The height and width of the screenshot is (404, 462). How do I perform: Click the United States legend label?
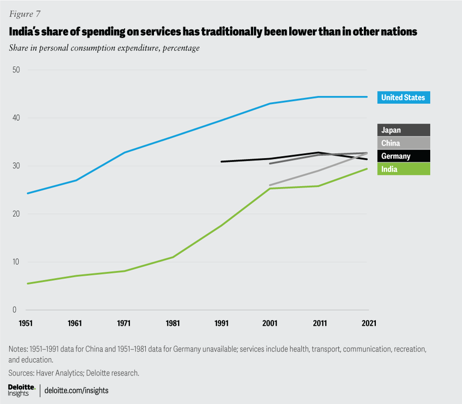pyautogui.click(x=403, y=97)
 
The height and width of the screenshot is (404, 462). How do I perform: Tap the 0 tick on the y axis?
pyautogui.click(x=15, y=310)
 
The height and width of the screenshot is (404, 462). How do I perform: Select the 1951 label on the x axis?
pyautogui.click(x=26, y=323)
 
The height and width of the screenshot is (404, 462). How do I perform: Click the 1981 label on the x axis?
pyautogui.click(x=172, y=323)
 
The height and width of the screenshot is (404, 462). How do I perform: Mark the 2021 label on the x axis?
pyautogui.click(x=368, y=323)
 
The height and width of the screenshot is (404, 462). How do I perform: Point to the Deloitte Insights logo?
pyautogui.click(x=22, y=390)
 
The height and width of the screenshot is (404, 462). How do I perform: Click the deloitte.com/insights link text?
pyautogui.click(x=76, y=390)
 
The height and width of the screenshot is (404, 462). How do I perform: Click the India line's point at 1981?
pyautogui.click(x=172, y=257)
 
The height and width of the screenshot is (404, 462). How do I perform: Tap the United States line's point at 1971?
pyautogui.click(x=124, y=153)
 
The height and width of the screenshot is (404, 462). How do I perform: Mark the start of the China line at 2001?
pyautogui.click(x=270, y=185)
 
